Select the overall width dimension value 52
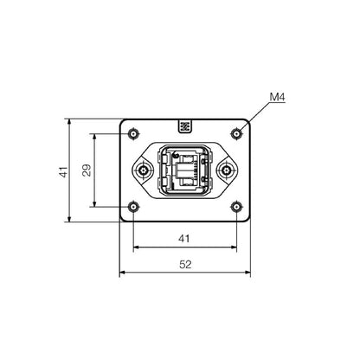tap(184, 265)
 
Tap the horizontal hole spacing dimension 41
tap(184, 236)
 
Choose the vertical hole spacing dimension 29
tap(87, 170)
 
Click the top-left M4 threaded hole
tap(132, 134)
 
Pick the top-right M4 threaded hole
tap(237, 134)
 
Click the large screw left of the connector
tap(142, 170)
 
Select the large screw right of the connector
tap(228, 170)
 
